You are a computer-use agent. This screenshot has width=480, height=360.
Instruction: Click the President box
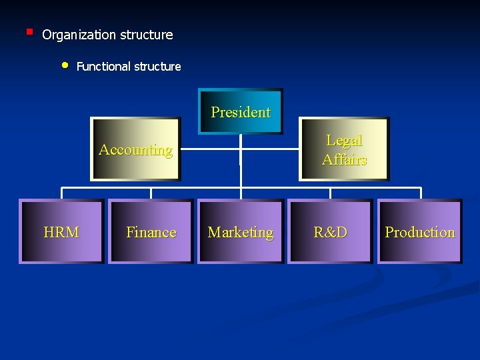(241, 111)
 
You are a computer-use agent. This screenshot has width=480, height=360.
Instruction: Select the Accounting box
(136, 149)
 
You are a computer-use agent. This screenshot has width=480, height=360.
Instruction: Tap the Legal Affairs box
(344, 149)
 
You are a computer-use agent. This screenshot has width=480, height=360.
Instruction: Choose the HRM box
(61, 232)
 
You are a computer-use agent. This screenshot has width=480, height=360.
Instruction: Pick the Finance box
(151, 232)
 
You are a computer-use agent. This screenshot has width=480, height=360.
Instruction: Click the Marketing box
(241, 232)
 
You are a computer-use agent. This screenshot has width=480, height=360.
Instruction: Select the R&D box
(330, 232)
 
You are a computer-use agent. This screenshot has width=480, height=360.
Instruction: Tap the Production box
(420, 232)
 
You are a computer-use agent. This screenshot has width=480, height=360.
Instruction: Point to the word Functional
(104, 67)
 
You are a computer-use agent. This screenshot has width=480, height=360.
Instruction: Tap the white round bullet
(65, 65)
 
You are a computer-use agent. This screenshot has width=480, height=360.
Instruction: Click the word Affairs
(345, 159)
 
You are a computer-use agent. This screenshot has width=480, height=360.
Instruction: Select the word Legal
(344, 141)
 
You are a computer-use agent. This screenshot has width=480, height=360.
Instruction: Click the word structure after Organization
(147, 35)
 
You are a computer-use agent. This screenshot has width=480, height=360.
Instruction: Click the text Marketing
(241, 233)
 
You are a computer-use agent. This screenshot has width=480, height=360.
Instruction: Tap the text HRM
(61, 233)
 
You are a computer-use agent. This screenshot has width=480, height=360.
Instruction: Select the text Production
(420, 233)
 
